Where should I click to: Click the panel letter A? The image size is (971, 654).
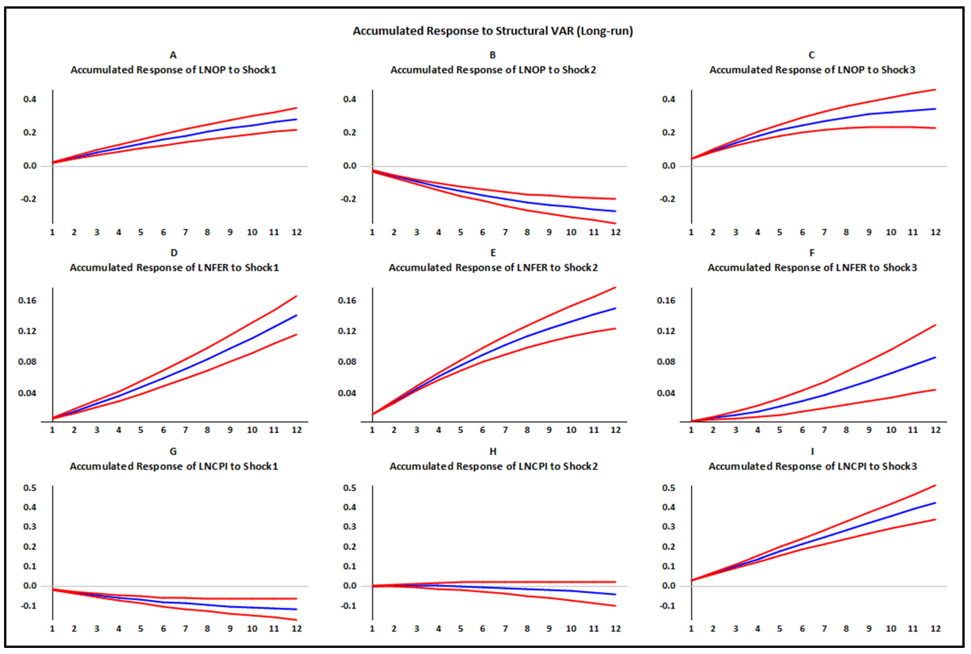(x=173, y=55)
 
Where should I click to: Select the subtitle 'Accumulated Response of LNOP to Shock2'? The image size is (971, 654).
(x=493, y=70)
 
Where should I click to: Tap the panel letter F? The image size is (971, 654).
(x=812, y=253)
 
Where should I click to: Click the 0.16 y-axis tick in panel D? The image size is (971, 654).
(x=27, y=300)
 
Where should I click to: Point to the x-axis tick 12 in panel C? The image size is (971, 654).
(x=935, y=232)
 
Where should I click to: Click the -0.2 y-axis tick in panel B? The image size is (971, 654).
(x=348, y=199)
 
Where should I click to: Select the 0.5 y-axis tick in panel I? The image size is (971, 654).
(x=669, y=488)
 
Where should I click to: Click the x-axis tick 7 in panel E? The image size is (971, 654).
(x=505, y=430)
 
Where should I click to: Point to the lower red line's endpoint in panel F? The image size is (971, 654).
(x=935, y=390)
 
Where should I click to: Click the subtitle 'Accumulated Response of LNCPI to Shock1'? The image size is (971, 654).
(x=174, y=466)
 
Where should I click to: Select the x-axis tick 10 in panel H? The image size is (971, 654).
(x=571, y=629)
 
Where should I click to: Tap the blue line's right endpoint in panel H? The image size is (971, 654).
(x=615, y=594)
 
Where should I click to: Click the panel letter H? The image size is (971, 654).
(x=493, y=451)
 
